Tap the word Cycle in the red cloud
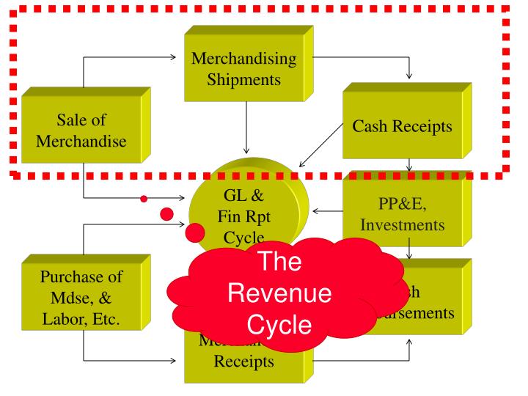[279, 326]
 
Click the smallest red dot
[144, 198]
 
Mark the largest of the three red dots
[195, 233]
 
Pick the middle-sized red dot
[166, 214]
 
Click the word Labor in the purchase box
[63, 321]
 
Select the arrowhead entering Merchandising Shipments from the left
[179, 56]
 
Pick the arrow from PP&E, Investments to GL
[326, 211]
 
